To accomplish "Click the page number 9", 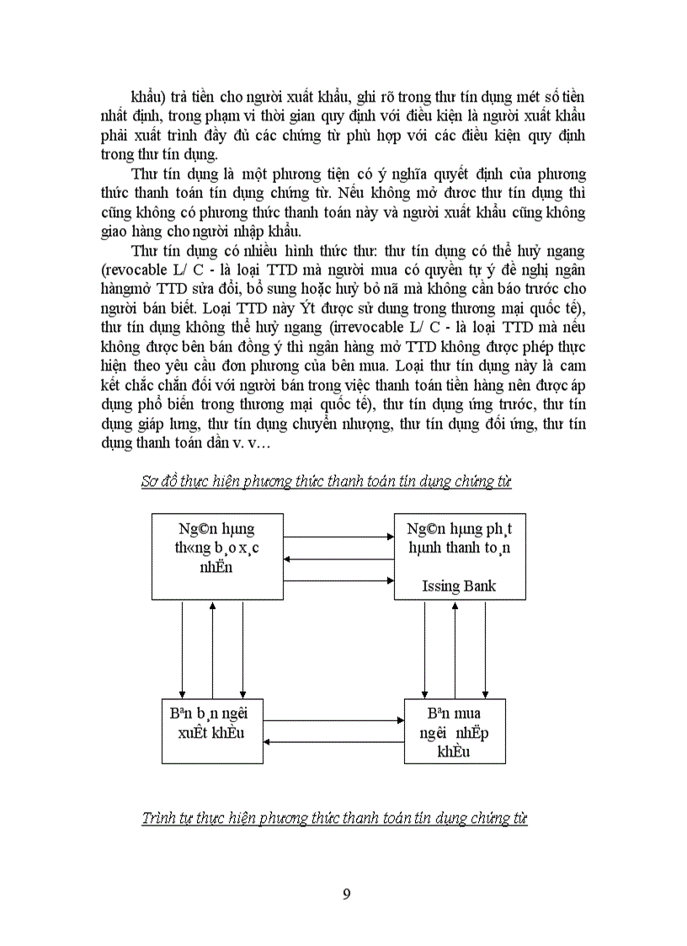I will (346, 894).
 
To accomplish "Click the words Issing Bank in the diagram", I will (459, 585).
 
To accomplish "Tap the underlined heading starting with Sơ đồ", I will (326, 481).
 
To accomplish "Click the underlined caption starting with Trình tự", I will (334, 818).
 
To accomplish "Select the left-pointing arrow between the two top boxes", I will (339, 558).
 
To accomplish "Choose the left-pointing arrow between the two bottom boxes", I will (334, 741).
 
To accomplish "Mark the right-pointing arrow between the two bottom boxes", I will (334, 720).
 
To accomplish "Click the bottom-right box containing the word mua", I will (455, 731).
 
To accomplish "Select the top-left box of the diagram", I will (217, 556).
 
